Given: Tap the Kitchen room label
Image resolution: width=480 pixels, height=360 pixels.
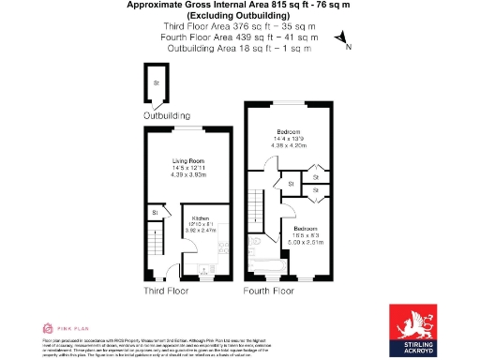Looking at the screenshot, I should click(201, 217).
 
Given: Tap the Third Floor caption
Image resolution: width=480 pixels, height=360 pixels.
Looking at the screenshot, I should click(166, 292).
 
